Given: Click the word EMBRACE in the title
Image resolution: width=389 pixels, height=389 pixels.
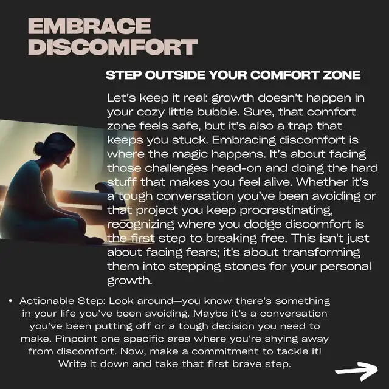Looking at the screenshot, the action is point(89,26).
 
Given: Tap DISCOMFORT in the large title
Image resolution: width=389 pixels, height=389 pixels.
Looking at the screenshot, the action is point(113,47).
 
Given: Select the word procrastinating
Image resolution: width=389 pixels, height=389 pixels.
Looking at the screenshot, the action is point(286,211).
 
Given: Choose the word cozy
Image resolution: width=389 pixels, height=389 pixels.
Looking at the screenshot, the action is point(151,112).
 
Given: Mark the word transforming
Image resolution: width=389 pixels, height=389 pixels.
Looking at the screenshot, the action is point(322,253).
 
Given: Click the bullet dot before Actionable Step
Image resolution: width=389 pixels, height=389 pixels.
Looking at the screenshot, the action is point(10,301).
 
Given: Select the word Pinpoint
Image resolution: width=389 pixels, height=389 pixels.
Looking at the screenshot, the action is point(76,339).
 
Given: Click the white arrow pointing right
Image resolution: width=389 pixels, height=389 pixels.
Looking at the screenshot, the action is point(357,371).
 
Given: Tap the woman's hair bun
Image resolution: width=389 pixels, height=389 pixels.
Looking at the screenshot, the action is point(39,148).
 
